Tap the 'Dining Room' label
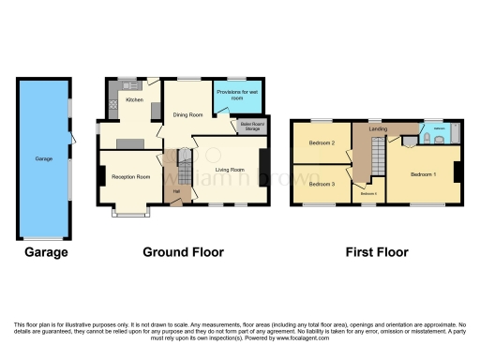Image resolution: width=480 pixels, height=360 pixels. pyautogui.click(x=187, y=114)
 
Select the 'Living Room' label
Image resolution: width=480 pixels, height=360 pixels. pyautogui.click(x=230, y=170)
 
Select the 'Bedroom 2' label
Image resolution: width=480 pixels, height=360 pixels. pyautogui.click(x=322, y=143)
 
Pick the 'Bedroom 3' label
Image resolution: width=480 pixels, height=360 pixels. pyautogui.click(x=322, y=184)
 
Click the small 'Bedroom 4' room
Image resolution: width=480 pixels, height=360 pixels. pyautogui.click(x=369, y=194)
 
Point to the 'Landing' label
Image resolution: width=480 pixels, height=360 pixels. pyautogui.click(x=378, y=128)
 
